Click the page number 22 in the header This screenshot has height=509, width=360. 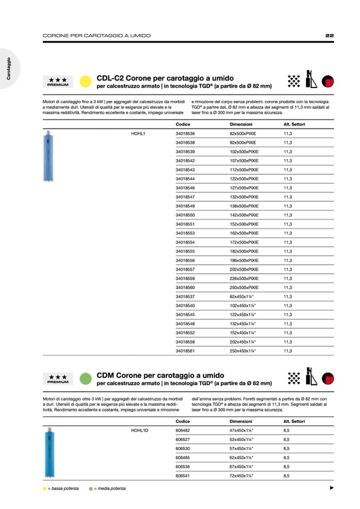329,36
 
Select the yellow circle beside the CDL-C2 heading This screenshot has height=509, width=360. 84,81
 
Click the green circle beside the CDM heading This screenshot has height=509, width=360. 84,378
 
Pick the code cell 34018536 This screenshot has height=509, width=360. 185,133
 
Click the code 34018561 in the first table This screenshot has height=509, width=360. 185,351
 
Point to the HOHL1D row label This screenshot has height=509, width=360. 139,430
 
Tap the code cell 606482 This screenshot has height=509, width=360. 182,430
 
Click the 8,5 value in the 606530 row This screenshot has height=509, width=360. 287,448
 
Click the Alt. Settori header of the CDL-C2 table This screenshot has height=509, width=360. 294,124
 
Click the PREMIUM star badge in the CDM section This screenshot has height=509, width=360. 57,378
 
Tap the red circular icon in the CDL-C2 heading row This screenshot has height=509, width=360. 328,81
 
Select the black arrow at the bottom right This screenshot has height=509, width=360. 331,488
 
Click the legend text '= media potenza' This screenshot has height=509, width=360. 110,488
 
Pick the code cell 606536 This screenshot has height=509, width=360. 182,467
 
